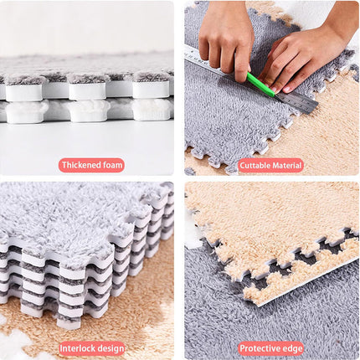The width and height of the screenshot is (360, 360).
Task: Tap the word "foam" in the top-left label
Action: pos(113,165)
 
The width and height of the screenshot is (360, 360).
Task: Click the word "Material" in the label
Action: pos(287,166)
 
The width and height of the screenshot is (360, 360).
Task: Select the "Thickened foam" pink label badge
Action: pos(91,165)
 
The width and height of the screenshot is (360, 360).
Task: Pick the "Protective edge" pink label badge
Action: pos(271,348)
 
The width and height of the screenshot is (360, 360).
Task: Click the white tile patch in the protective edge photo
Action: pos(193,232)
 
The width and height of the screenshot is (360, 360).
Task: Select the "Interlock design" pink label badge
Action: pos(91,348)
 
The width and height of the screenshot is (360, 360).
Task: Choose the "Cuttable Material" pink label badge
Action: pos(270,166)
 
